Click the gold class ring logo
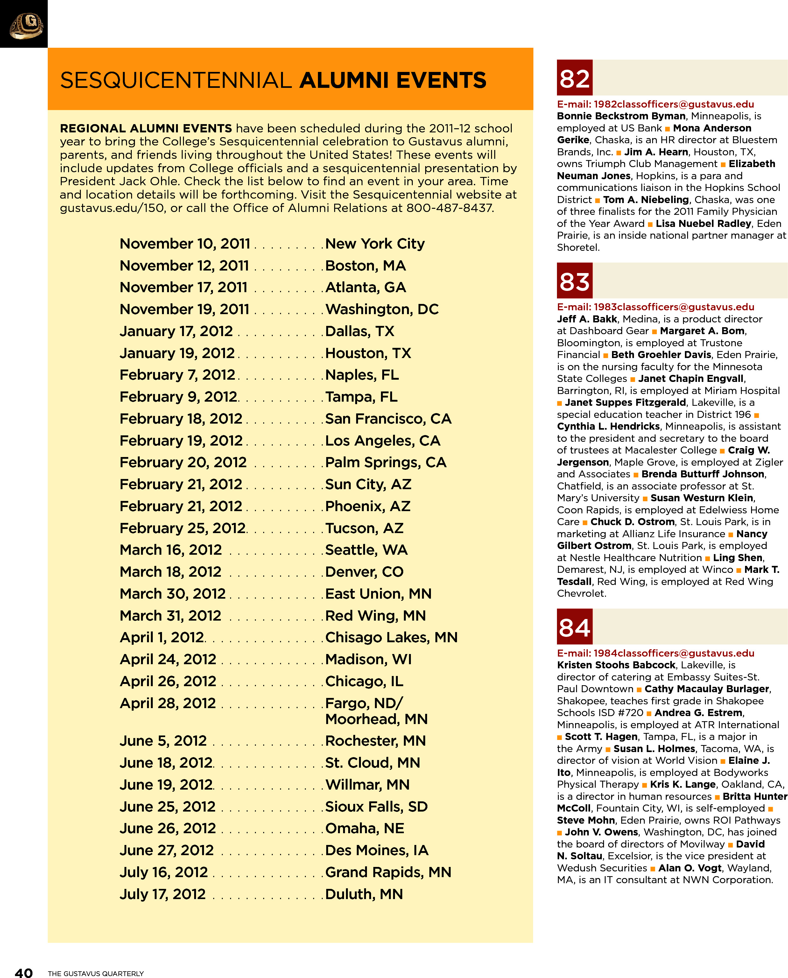click(26, 25)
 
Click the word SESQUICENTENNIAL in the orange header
click(176, 80)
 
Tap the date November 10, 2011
click(185, 244)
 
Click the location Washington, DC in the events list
click(382, 309)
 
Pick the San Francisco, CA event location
click(388, 419)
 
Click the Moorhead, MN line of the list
click(376, 719)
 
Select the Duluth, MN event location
click(364, 894)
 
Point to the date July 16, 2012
click(163, 872)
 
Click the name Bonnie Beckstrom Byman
click(621, 116)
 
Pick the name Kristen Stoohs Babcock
click(616, 665)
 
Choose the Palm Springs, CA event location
click(386, 462)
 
